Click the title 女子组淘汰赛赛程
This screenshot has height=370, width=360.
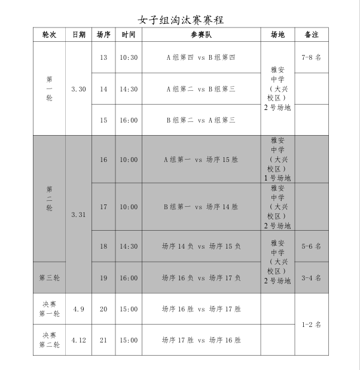pyautogui.click(x=180, y=20)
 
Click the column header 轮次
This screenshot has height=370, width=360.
pyautogui.click(x=49, y=35)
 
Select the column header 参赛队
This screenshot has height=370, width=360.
pyautogui.click(x=201, y=35)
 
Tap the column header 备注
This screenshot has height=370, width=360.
pyautogui.click(x=311, y=35)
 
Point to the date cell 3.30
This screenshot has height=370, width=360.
pyautogui.click(x=78, y=89)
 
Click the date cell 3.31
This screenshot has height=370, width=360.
pyautogui.click(x=78, y=214)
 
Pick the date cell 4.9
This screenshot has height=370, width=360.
pyautogui.click(x=78, y=309)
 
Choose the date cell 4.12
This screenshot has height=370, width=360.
pyautogui.click(x=78, y=340)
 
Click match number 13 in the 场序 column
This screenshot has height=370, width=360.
pyautogui.click(x=103, y=57)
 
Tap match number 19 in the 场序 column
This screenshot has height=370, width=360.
pyautogui.click(x=103, y=277)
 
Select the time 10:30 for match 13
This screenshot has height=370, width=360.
pyautogui.click(x=129, y=57)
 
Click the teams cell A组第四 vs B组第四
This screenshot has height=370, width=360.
pyautogui.click(x=201, y=57)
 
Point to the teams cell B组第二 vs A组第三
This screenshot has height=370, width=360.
pyautogui.click(x=201, y=120)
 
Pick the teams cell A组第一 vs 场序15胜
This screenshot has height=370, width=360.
pyautogui.click(x=201, y=160)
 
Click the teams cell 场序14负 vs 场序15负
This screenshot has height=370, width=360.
pyautogui.click(x=201, y=246)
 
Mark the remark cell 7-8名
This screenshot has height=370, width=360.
pyautogui.click(x=311, y=57)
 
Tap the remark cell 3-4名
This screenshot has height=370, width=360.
pyautogui.click(x=311, y=277)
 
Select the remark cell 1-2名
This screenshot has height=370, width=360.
pyautogui.click(x=311, y=325)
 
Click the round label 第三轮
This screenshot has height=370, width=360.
pyautogui.click(x=49, y=277)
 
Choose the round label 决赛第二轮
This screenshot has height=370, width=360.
pyautogui.click(x=49, y=340)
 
